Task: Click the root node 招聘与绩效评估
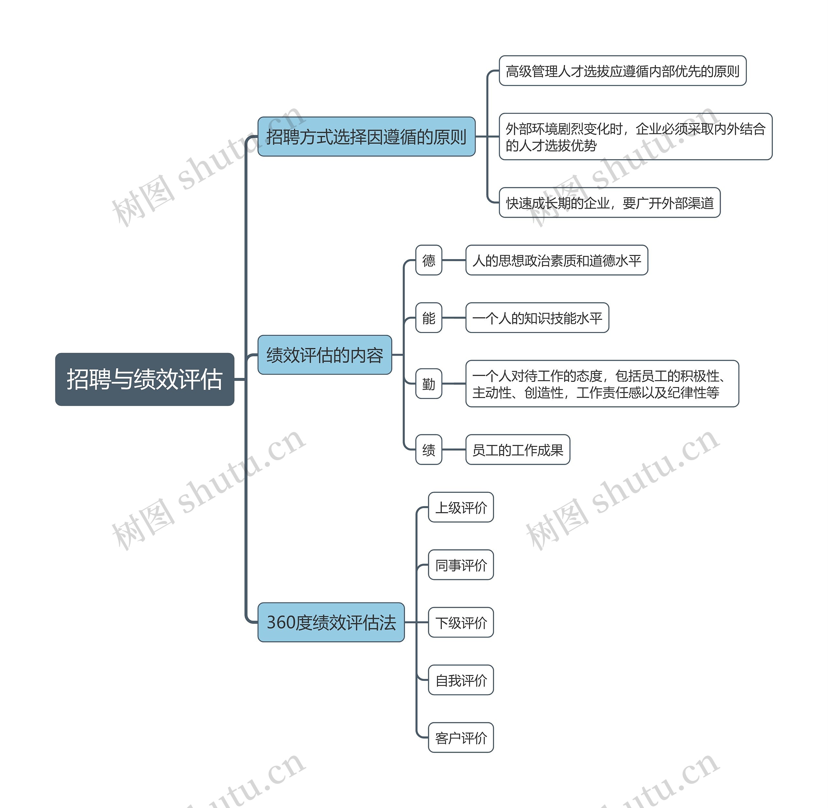pyautogui.click(x=145, y=379)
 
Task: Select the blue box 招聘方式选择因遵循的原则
pyautogui.click(x=366, y=137)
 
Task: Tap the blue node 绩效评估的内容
pyautogui.click(x=324, y=355)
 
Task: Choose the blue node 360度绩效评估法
pyautogui.click(x=331, y=622)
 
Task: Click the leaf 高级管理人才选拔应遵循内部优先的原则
pyautogui.click(x=622, y=71)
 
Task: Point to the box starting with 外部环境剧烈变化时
pyautogui.click(x=636, y=137)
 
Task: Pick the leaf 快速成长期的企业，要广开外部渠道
pyautogui.click(x=610, y=203)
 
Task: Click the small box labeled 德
pyautogui.click(x=429, y=260)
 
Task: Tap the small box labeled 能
pyautogui.click(x=429, y=318)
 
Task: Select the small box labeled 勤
pyautogui.click(x=429, y=384)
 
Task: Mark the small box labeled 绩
pyautogui.click(x=429, y=450)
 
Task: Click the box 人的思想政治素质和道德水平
pyautogui.click(x=557, y=260)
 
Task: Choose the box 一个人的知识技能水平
pyautogui.click(x=537, y=318)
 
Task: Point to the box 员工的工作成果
pyautogui.click(x=517, y=450)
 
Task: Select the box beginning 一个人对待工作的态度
pyautogui.click(x=602, y=384)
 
